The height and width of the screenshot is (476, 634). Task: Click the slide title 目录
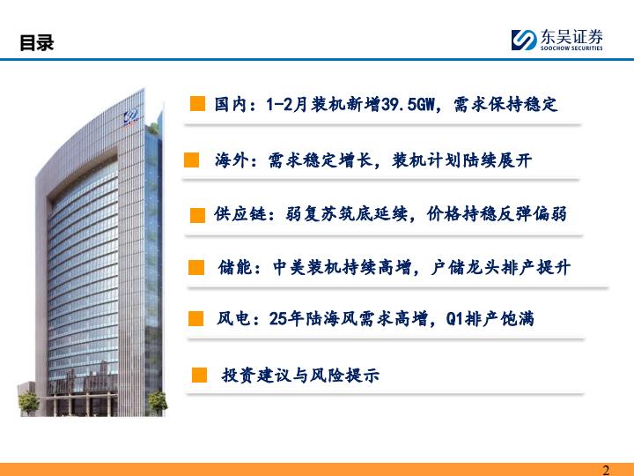click(37, 42)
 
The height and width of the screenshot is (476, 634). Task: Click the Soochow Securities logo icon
click(524, 40)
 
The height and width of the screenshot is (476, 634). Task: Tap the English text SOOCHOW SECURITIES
click(571, 48)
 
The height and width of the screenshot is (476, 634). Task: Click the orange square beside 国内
click(197, 103)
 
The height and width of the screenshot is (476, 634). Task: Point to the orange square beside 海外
click(191, 160)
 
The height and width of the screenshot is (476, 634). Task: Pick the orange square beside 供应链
click(197, 215)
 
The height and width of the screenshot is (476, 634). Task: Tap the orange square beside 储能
click(196, 268)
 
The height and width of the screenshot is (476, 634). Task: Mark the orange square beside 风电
click(196, 318)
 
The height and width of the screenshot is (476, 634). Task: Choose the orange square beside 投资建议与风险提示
click(199, 375)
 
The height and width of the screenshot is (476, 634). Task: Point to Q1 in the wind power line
click(454, 319)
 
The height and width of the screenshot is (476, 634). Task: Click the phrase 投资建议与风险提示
click(300, 376)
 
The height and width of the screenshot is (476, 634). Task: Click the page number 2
click(606, 470)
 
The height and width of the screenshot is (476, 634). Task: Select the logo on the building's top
click(131, 117)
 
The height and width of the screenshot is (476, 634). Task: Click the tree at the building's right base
click(157, 403)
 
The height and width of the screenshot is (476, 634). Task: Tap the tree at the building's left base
click(29, 403)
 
